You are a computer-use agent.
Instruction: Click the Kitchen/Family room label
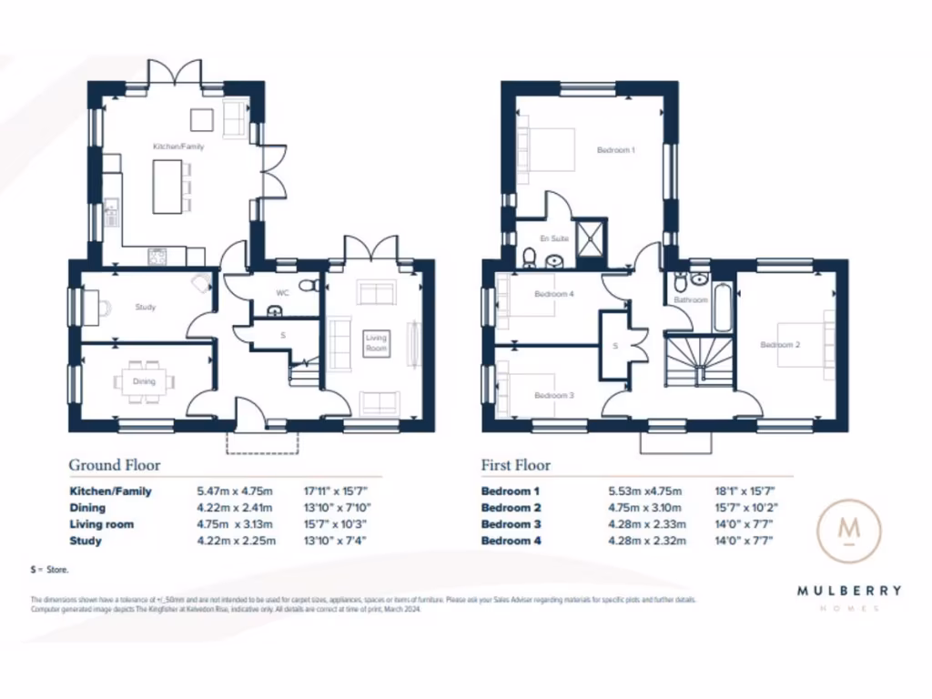(x=178, y=146)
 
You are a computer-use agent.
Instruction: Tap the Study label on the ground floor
(x=146, y=308)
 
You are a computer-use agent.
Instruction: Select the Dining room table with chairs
(x=144, y=382)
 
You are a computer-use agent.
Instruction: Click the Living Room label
(x=376, y=343)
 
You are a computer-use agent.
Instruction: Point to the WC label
(x=282, y=293)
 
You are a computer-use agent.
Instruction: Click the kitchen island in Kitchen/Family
(x=167, y=187)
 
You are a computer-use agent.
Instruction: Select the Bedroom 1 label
(x=615, y=150)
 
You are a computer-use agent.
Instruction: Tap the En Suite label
(x=554, y=238)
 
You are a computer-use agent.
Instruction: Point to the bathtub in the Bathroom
(x=723, y=307)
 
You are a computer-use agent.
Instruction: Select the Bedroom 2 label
(x=780, y=345)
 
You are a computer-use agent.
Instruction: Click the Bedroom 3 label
(x=553, y=396)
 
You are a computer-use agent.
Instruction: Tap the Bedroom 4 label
(x=553, y=294)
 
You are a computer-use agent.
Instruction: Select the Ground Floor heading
(x=115, y=465)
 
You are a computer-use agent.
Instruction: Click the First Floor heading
(x=515, y=465)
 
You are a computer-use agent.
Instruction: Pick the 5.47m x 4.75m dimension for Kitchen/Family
(x=236, y=491)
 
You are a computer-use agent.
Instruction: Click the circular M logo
(x=848, y=529)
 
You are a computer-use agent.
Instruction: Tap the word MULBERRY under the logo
(x=849, y=590)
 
